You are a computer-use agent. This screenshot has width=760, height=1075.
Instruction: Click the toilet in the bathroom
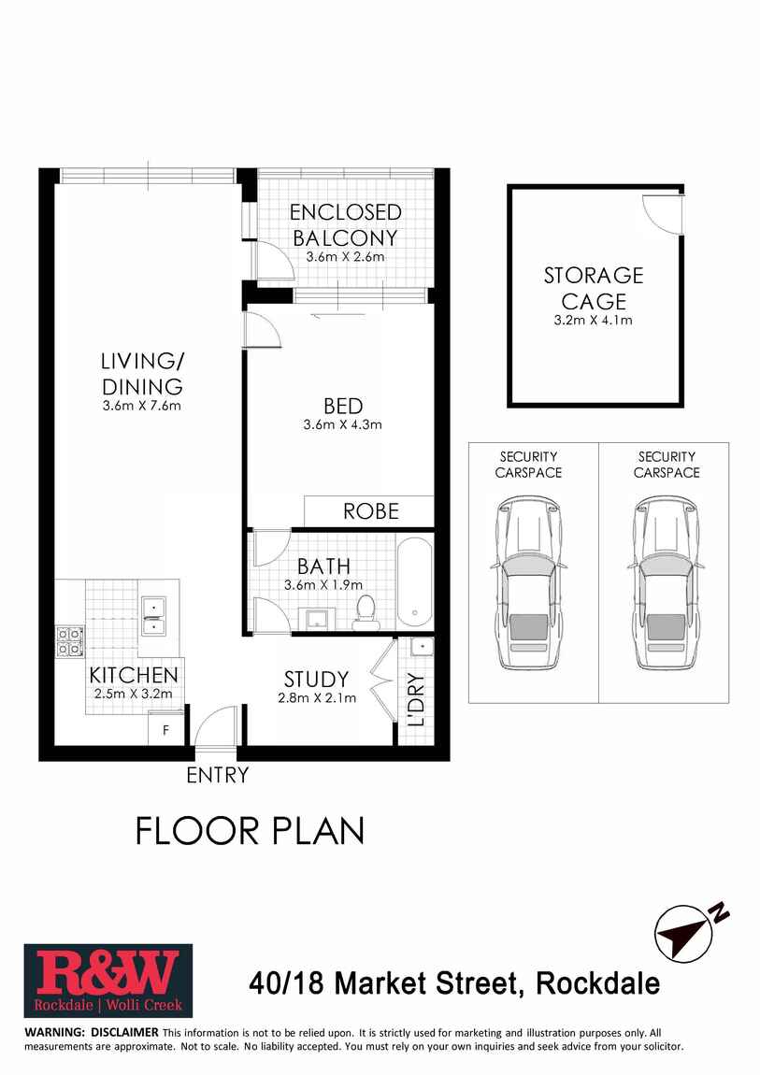366,611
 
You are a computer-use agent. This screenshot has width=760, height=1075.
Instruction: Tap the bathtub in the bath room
415,581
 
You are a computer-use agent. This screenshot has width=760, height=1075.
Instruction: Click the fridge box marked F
166,730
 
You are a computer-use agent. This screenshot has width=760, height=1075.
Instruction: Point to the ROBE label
371,511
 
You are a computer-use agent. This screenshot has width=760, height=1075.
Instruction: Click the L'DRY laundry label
416,700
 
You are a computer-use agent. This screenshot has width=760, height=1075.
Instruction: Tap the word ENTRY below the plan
218,775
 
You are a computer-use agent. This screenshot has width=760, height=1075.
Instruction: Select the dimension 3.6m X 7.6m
142,406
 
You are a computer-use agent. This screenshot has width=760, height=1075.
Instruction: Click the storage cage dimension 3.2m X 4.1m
594,321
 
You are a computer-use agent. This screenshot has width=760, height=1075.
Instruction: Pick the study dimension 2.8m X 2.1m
317,697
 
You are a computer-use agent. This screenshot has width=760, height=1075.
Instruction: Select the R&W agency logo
108,981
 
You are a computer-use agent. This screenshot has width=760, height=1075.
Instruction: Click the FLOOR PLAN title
250,830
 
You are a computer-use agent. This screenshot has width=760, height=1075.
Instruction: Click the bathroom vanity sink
322,618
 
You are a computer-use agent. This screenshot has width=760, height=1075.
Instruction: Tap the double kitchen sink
153,618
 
